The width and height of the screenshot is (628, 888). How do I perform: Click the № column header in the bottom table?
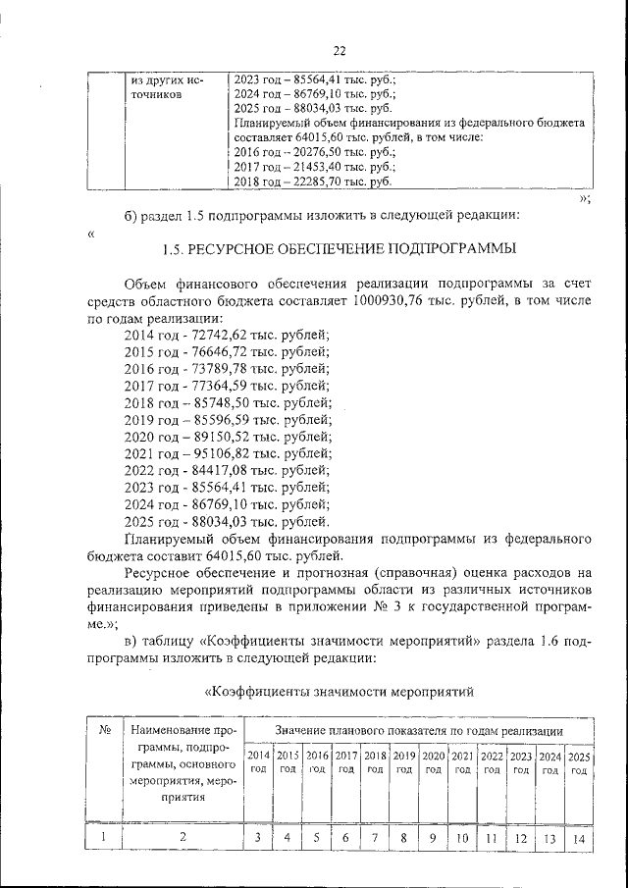104,731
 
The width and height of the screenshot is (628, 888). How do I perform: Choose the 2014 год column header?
258,762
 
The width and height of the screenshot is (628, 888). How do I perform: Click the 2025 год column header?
580,762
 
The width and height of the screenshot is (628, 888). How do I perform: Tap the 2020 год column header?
433,762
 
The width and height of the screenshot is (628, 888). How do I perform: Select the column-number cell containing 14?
580,838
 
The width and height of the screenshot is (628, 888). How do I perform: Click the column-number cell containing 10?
462,838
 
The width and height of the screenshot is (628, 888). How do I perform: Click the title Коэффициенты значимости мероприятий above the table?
340,692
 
